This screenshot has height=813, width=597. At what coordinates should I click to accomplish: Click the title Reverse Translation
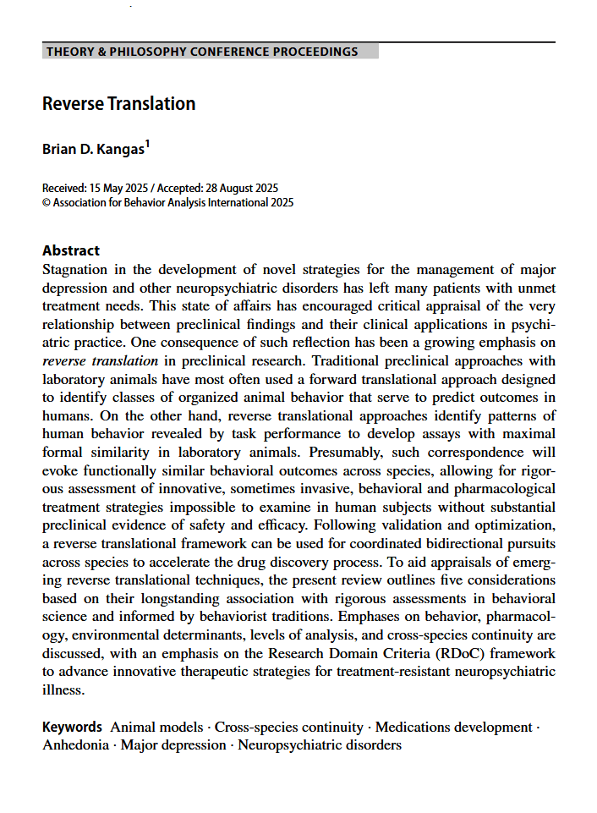coord(119,104)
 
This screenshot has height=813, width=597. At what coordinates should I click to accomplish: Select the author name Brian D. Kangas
coord(92,149)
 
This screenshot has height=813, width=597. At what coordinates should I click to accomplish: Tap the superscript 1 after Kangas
coord(147,145)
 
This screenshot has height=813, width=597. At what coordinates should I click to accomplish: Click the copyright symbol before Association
coord(46,203)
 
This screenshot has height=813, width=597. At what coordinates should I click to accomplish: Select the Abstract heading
coord(71,250)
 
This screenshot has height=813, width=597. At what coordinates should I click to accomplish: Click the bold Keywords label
coord(73,728)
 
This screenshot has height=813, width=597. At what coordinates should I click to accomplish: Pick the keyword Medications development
coord(453,728)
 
